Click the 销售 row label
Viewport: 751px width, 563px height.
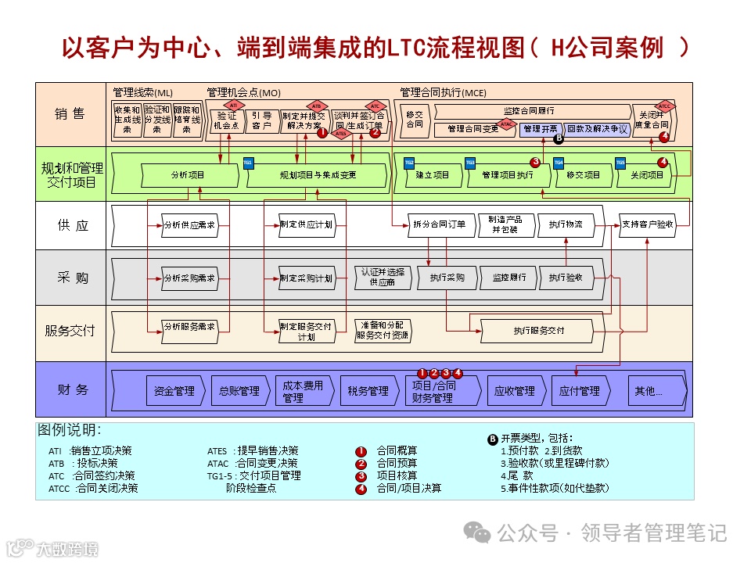click(70, 114)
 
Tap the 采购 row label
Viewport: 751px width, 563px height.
click(72, 278)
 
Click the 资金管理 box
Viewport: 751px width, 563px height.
click(174, 390)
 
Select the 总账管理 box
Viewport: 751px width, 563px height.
click(239, 390)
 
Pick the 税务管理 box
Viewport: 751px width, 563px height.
click(368, 390)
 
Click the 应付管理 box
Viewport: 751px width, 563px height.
click(579, 390)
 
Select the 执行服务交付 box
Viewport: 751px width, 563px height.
click(538, 331)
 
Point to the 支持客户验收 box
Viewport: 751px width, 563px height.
click(647, 224)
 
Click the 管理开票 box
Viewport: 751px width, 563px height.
click(541, 128)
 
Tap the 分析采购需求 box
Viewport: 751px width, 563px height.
click(189, 278)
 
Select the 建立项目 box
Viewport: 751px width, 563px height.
click(433, 175)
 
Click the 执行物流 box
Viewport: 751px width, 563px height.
click(565, 224)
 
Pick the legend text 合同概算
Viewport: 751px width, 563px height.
click(397, 450)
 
